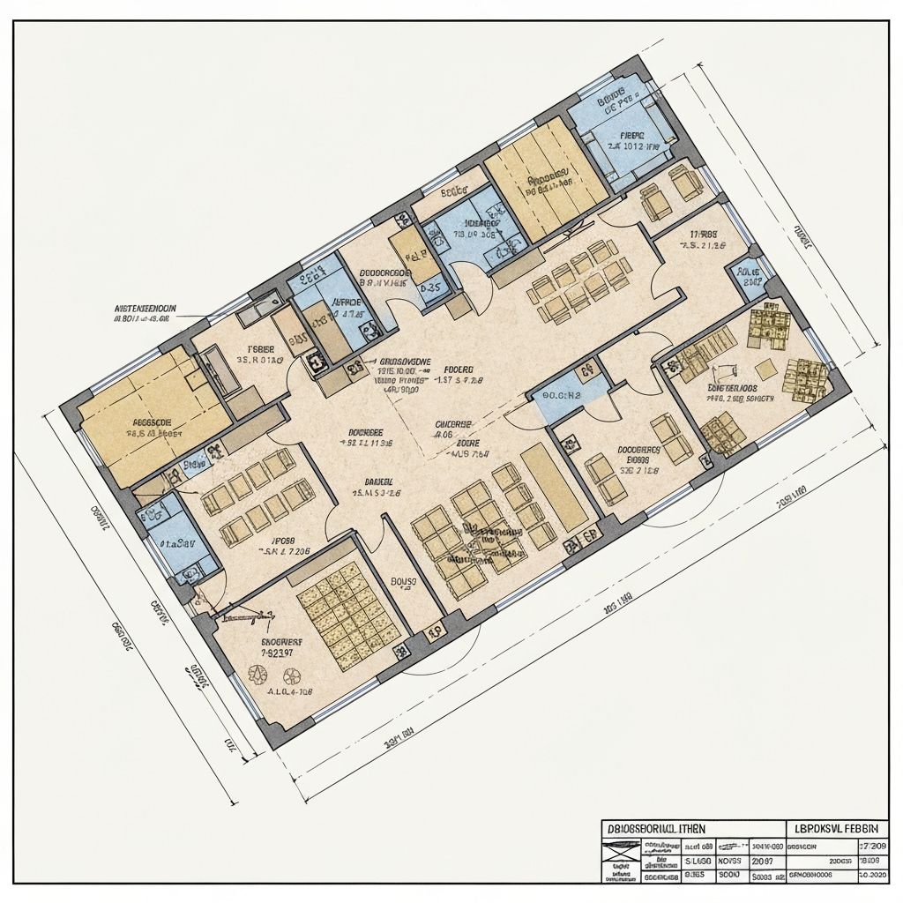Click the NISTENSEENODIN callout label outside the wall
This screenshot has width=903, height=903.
pyautogui.click(x=146, y=309)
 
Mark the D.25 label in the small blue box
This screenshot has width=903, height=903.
pyautogui.click(x=430, y=287)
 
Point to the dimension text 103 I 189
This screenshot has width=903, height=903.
pyautogui.click(x=617, y=607)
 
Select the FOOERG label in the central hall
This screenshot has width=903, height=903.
pyautogui.click(x=458, y=369)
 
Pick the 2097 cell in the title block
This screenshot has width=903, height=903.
pyautogui.click(x=764, y=862)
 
